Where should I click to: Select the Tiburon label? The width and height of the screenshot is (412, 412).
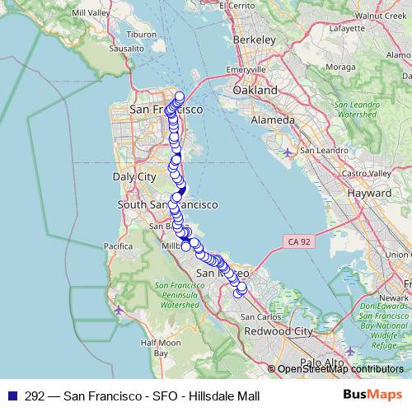[140, 35]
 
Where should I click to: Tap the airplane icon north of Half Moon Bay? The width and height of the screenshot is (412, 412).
[120, 310]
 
